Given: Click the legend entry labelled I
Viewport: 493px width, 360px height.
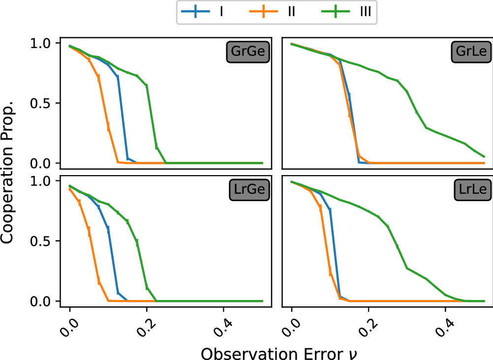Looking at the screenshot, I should pyautogui.click(x=221, y=12).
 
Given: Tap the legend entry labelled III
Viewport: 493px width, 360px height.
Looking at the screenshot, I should pyautogui.click(x=363, y=12).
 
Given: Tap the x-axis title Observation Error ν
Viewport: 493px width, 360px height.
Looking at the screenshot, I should pyautogui.click(x=275, y=352).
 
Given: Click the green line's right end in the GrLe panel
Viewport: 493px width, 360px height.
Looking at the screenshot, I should pyautogui.click(x=484, y=156).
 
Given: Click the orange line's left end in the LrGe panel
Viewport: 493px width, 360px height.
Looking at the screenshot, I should pyautogui.click(x=70, y=189).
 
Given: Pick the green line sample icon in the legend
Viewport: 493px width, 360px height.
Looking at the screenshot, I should pyautogui.click(x=332, y=12).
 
